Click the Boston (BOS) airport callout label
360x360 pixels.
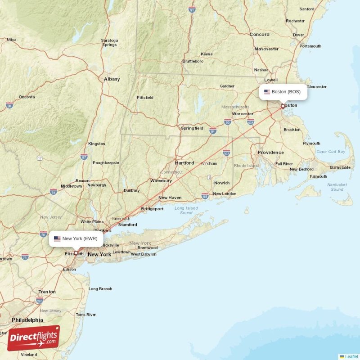[x=283, y=92]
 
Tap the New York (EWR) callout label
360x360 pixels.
[x=76, y=238]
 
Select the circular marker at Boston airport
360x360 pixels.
[x=283, y=106]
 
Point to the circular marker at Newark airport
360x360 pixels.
[x=76, y=253]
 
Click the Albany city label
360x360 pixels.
[x=112, y=79]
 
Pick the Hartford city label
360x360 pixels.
[x=184, y=163]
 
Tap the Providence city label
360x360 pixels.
[x=270, y=153]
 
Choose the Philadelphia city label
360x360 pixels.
[x=27, y=320]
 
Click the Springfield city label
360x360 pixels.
[x=192, y=128]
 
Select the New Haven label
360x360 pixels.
[x=170, y=198]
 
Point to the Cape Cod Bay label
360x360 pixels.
[x=331, y=152]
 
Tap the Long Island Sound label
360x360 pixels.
[x=186, y=210]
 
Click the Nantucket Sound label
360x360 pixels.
[x=337, y=187]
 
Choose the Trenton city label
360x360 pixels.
[x=47, y=292]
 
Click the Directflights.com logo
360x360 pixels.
[x=33, y=338]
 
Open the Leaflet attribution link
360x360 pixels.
[x=351, y=356]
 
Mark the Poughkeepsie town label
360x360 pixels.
[x=106, y=163]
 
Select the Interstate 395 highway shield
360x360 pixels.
[x=226, y=153]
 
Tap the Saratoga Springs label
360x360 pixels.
[x=109, y=42]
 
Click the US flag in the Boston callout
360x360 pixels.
[x=267, y=92]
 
